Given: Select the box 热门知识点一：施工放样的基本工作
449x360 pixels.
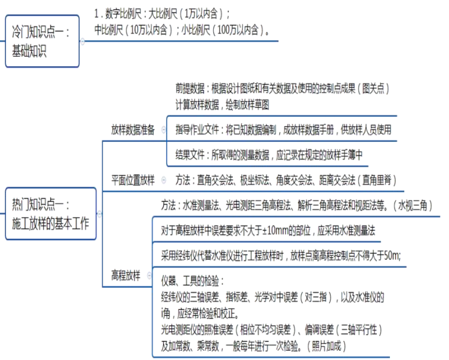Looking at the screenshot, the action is click(50, 214).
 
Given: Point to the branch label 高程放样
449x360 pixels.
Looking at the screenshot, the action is click(126, 275).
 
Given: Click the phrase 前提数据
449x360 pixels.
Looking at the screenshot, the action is click(191, 89).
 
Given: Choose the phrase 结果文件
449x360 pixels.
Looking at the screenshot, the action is click(191, 155).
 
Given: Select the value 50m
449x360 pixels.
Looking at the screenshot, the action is click(392, 255).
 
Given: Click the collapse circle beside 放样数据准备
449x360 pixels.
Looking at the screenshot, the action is click(164, 129).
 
